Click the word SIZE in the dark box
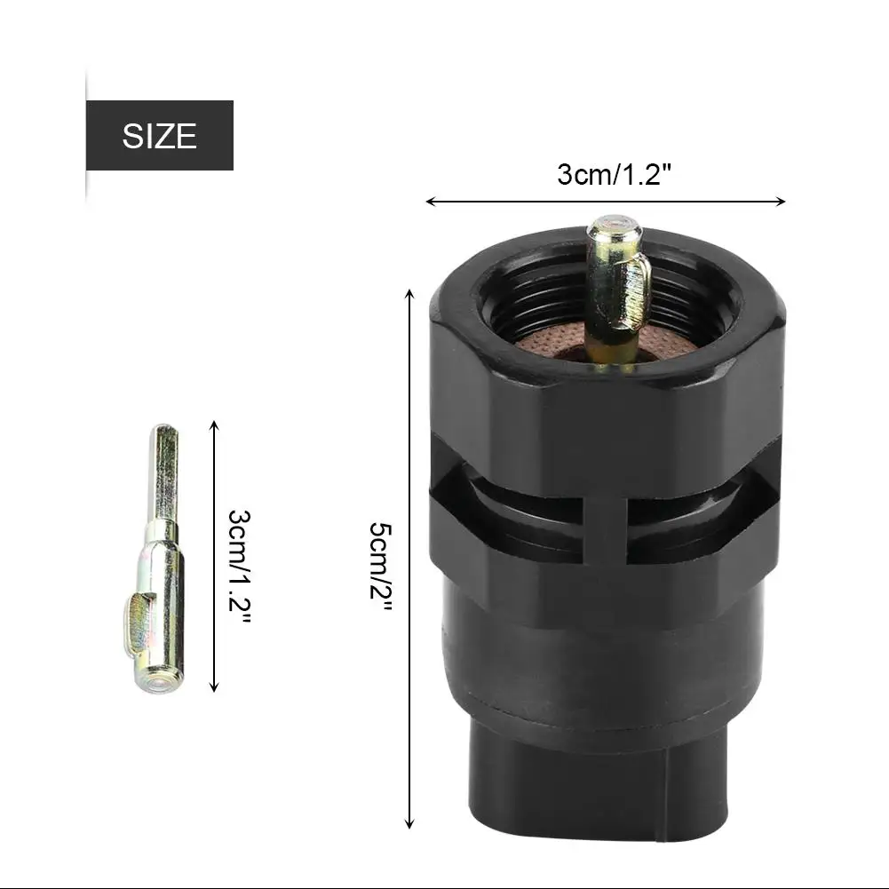[159, 136]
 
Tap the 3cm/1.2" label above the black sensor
[614, 174]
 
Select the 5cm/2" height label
[381, 567]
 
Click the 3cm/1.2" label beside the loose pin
[239, 567]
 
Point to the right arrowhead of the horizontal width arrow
[782, 202]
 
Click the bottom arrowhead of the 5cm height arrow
[409, 825]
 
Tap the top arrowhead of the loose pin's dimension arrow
[214, 425]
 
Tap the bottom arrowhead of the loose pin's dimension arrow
[214, 687]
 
